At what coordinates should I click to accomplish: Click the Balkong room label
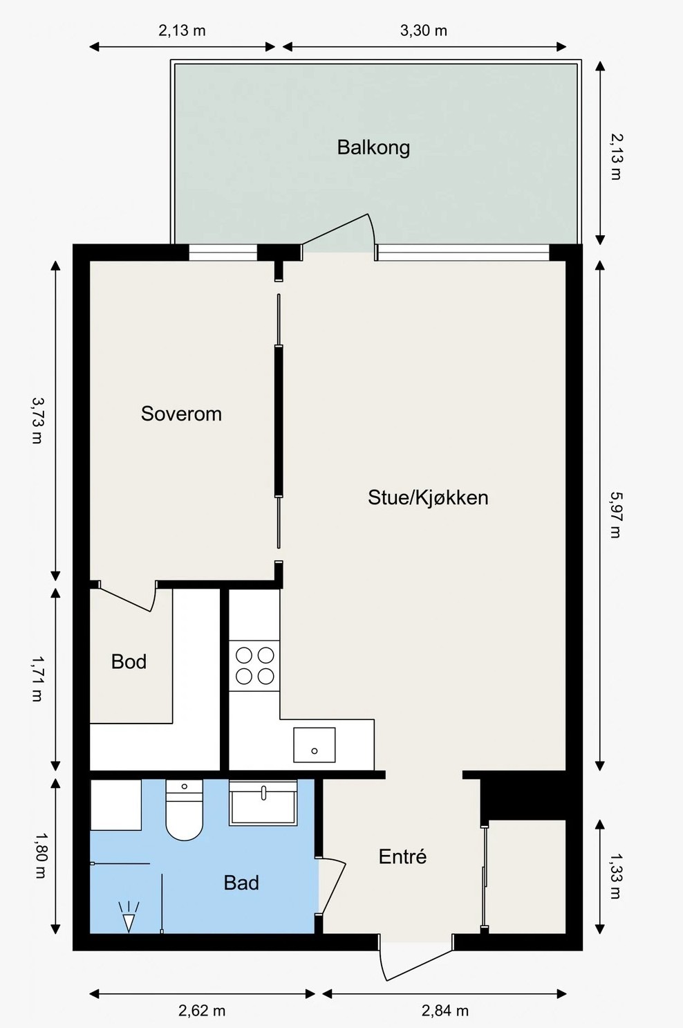coord(373,148)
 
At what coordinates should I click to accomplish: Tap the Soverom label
coord(181,414)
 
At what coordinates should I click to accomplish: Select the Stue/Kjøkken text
coord(428,497)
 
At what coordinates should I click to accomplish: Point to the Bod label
coord(129,662)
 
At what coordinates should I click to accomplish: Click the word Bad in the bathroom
coord(241,883)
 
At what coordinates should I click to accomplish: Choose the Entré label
coord(403,856)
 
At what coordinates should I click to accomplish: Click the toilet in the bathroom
coord(185,810)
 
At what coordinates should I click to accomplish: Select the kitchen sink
coord(315,745)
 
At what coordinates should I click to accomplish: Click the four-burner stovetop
coord(254,666)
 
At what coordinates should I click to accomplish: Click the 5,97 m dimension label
coord(615,515)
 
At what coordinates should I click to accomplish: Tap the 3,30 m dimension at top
coord(423,30)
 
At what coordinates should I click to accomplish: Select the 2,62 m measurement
coord(202,1011)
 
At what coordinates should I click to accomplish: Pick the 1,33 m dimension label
coord(615,876)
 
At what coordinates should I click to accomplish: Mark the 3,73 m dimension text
coord(37,421)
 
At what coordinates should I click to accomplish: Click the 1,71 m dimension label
coord(37,679)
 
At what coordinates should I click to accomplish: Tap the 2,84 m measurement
coord(445,1011)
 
